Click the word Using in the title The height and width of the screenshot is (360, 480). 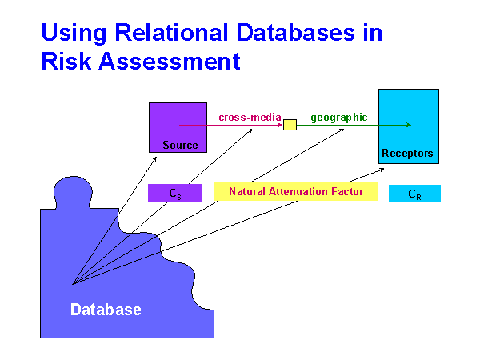click(x=66, y=34)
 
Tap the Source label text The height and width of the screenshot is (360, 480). click(x=179, y=145)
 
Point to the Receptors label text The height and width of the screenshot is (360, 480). click(x=408, y=153)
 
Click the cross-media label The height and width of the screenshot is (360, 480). click(x=250, y=117)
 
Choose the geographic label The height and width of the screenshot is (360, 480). click(x=339, y=117)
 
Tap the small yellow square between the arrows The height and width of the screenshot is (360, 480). click(x=290, y=125)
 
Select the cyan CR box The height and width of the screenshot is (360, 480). click(x=414, y=194)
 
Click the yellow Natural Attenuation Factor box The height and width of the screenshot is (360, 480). click(x=296, y=192)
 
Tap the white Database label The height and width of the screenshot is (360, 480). click(x=106, y=310)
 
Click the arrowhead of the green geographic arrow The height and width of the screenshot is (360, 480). click(x=409, y=125)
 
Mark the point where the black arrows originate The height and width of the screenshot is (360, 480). click(x=72, y=284)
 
